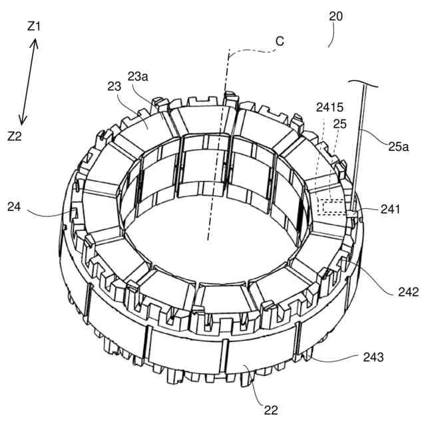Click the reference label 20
tap(336, 17)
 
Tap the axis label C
tap(280, 41)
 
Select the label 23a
tap(138, 77)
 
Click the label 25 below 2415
tap(339, 124)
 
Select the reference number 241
tap(391, 209)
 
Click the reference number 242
tap(407, 292)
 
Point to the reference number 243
tap(373, 357)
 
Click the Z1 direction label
tap(33, 27)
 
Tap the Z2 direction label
tap(15, 136)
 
